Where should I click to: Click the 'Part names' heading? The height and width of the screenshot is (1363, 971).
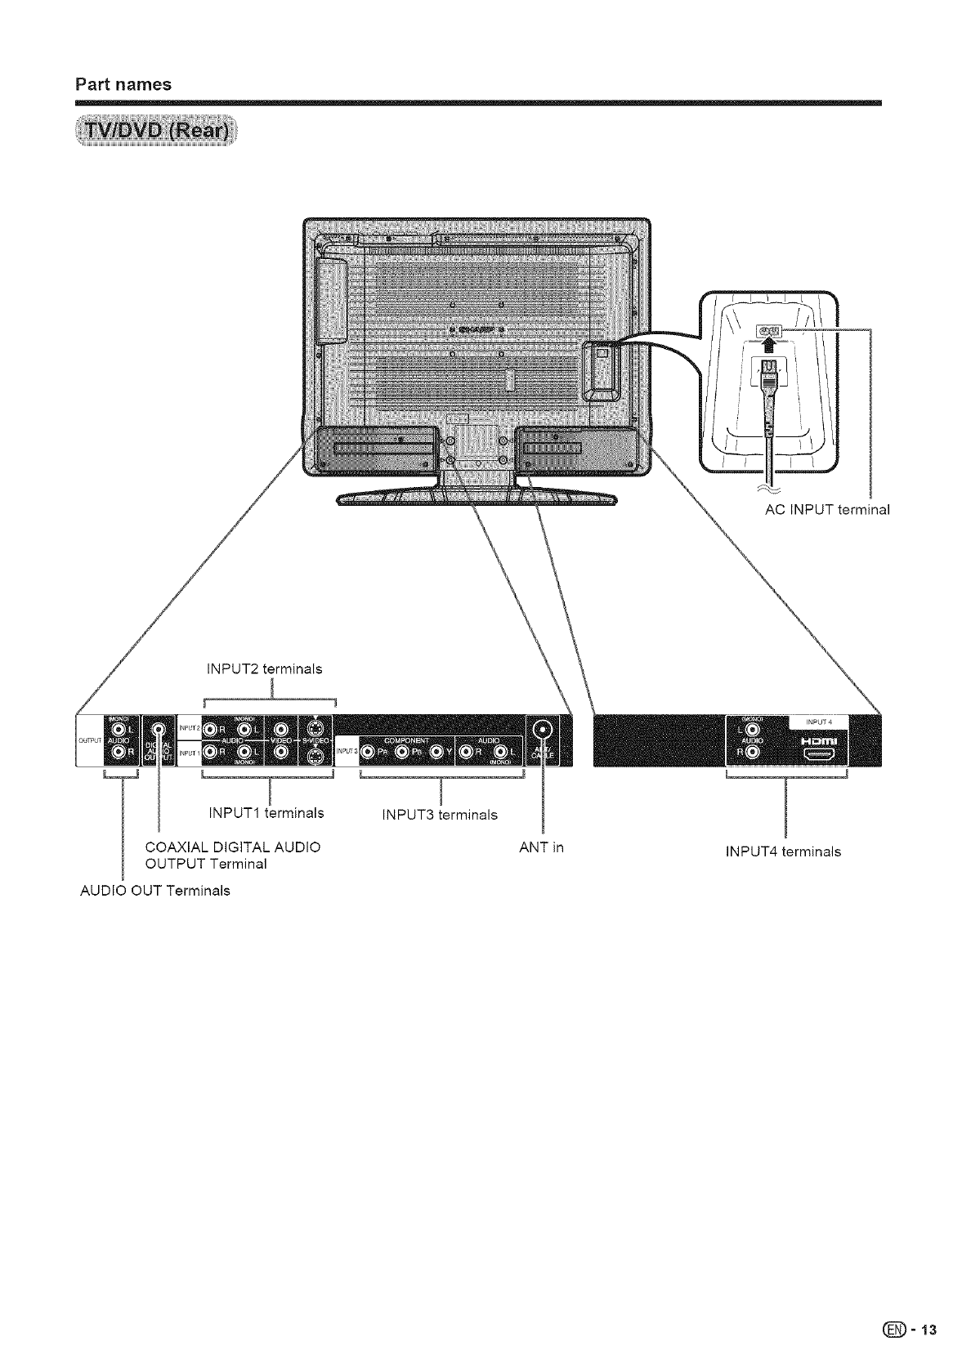pyautogui.click(x=123, y=84)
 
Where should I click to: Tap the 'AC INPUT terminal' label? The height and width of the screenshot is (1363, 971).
pyautogui.click(x=823, y=510)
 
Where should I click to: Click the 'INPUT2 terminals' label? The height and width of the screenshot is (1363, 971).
pyautogui.click(x=265, y=669)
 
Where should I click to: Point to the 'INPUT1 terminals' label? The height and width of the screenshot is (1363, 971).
pyautogui.click(x=266, y=813)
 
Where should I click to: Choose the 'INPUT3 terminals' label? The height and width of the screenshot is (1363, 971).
pyautogui.click(x=440, y=815)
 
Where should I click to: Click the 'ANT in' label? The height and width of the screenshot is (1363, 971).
pyautogui.click(x=541, y=847)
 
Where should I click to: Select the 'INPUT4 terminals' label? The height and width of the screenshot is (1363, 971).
pyautogui.click(x=783, y=851)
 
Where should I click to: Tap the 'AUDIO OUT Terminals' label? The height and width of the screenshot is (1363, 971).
pyautogui.click(x=154, y=890)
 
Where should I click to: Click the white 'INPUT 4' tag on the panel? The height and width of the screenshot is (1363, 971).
pyautogui.click(x=818, y=722)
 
